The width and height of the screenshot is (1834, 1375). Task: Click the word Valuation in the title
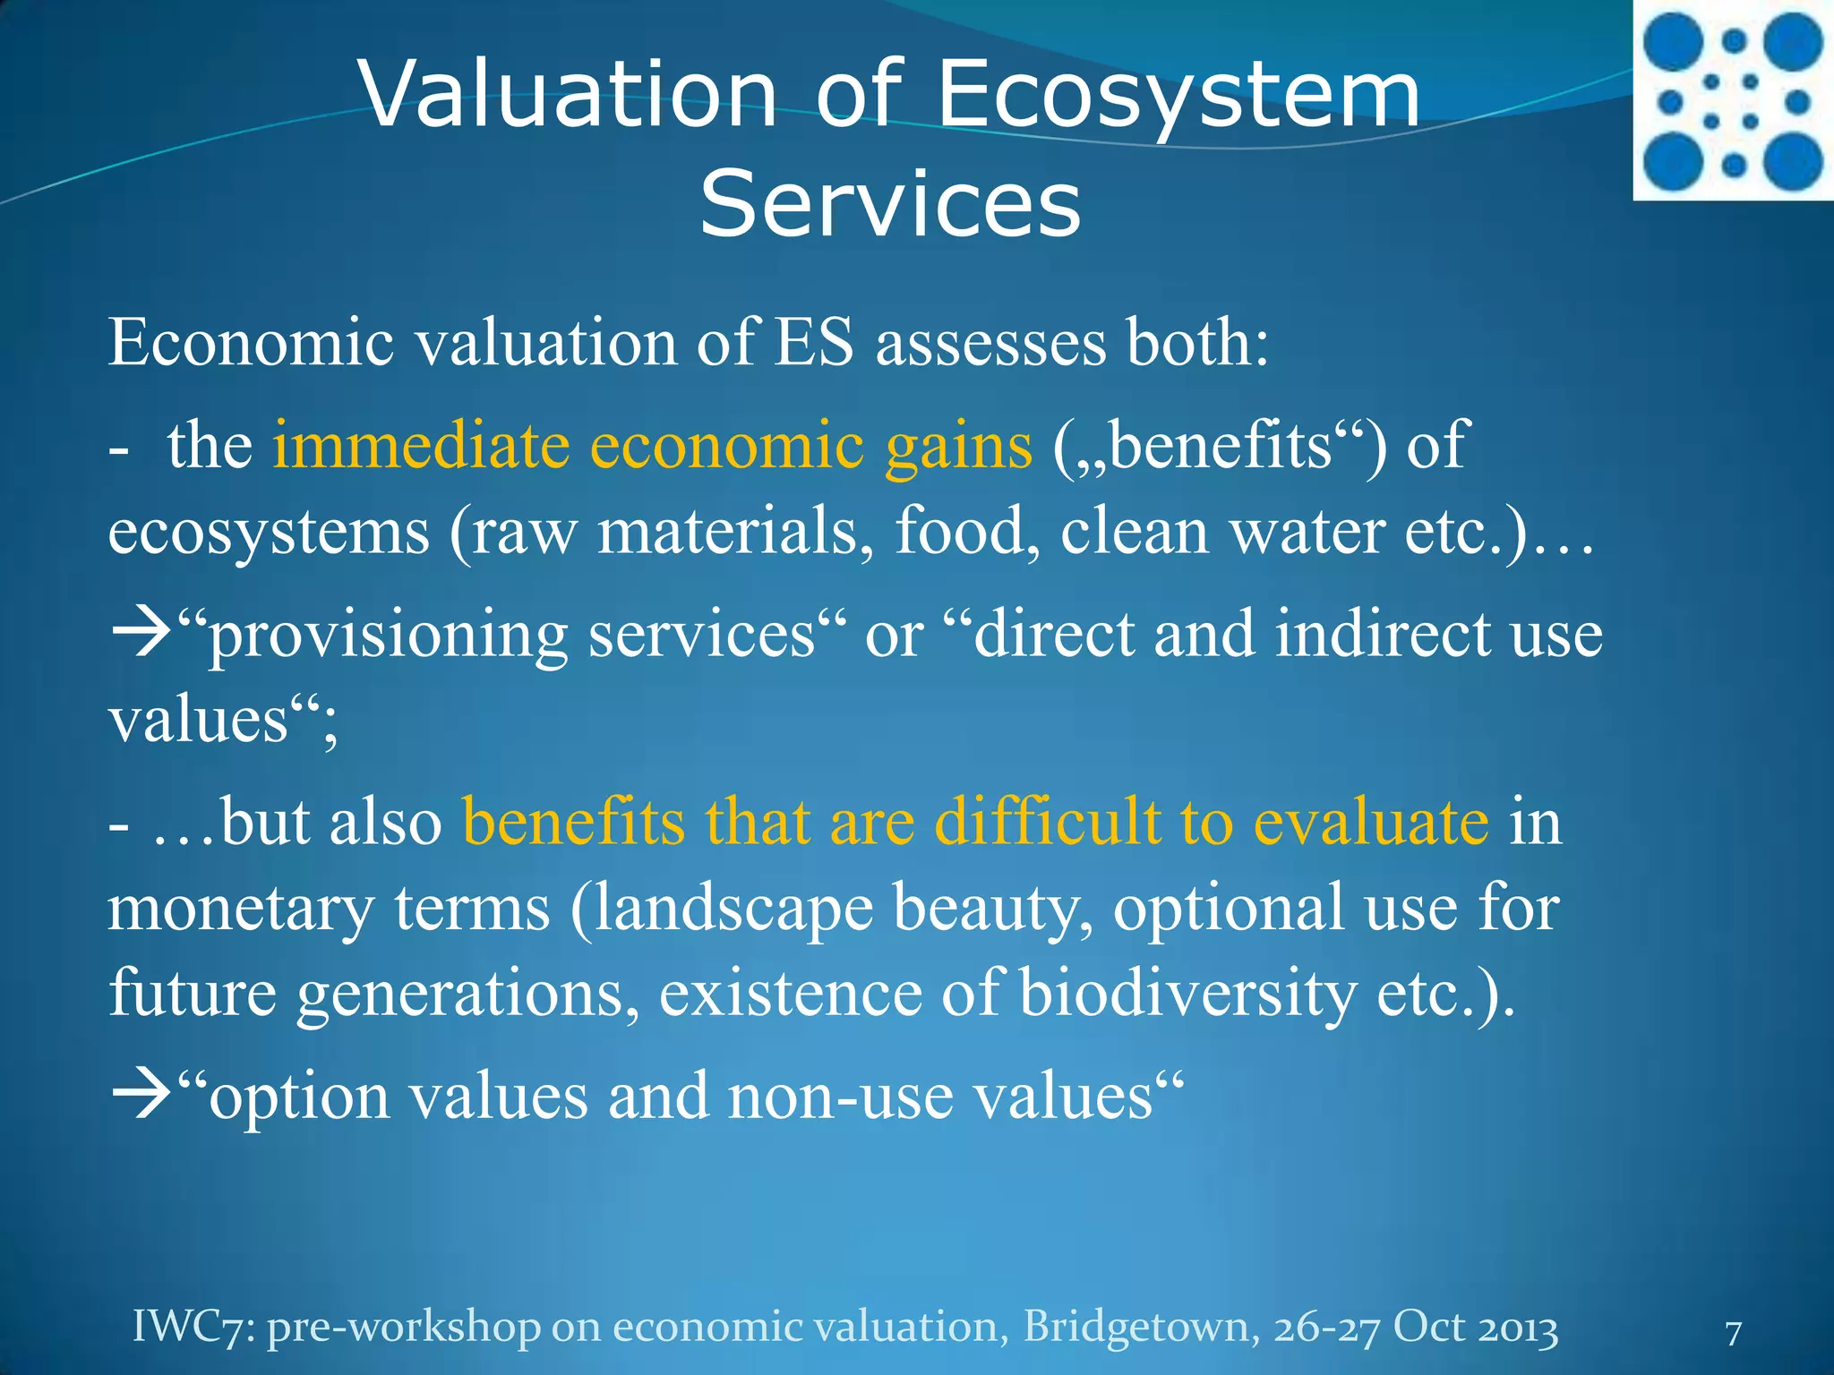pos(567,94)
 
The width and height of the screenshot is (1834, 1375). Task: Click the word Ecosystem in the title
pos(1178,94)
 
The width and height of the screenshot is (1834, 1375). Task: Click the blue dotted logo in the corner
pos(1733,100)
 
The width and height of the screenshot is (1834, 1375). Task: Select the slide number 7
pos(1733,1333)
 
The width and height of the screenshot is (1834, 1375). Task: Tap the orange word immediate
pos(421,445)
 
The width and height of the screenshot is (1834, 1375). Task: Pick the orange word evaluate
pos(1370,821)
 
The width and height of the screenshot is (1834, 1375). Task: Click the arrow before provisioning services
pos(140,634)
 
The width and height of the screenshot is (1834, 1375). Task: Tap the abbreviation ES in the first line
pos(814,343)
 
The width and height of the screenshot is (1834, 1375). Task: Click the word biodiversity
pos(1187,994)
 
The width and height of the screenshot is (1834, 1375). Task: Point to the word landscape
pos(733,910)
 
